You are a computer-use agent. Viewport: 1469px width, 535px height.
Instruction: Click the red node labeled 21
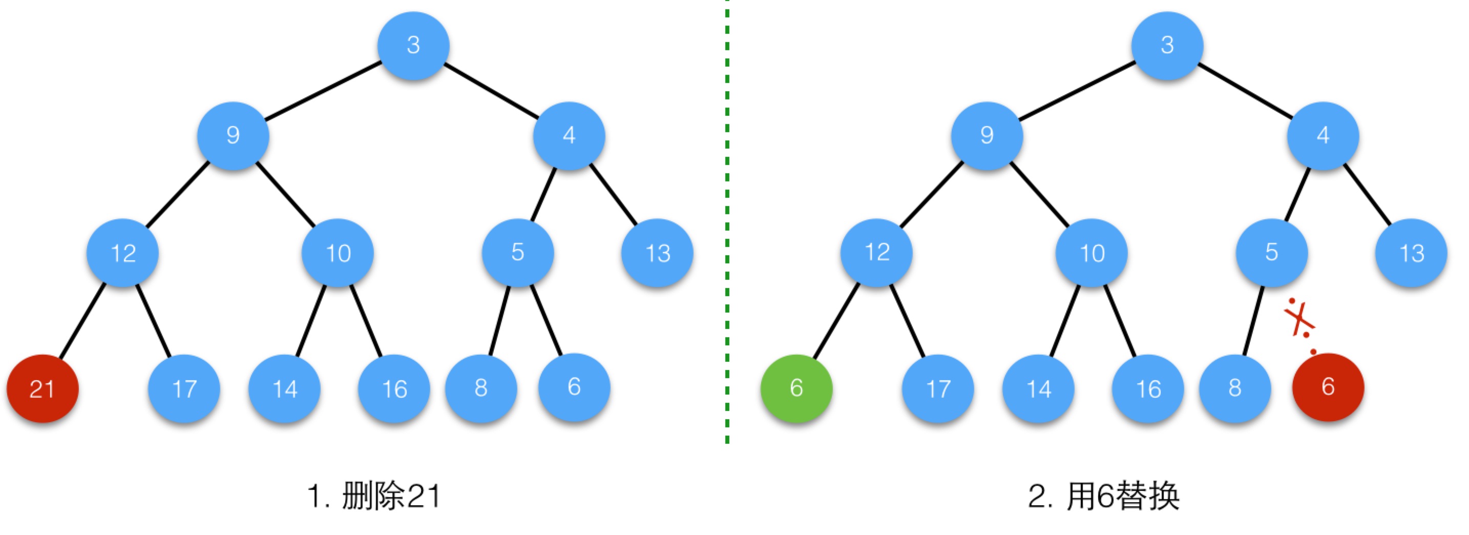coord(42,388)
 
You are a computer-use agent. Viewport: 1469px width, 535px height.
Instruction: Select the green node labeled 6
coord(796,388)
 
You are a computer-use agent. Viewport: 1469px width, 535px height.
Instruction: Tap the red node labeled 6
coord(1328,387)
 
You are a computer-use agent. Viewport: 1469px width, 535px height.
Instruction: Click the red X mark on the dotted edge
coord(1299,320)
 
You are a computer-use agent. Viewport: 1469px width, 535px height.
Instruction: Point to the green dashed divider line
coord(727,221)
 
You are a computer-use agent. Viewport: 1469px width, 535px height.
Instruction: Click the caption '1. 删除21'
coord(374,496)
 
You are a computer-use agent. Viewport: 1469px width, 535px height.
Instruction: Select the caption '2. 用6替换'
coord(1103,496)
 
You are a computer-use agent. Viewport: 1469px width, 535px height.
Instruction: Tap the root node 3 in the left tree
coord(413,45)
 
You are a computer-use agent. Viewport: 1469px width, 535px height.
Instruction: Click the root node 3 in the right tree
coord(1167,45)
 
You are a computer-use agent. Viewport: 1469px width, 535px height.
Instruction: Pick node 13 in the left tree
coord(658,253)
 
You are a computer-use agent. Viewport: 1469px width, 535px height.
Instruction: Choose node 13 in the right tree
coord(1412,253)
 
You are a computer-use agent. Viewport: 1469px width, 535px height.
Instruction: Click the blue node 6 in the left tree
coord(574,387)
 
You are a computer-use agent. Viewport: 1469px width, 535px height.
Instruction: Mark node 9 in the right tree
coord(987,136)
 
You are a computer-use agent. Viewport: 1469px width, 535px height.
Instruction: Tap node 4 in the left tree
coord(569,136)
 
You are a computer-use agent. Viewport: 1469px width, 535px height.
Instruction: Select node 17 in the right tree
coord(938,388)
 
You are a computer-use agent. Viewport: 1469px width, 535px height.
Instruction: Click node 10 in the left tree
coord(338,253)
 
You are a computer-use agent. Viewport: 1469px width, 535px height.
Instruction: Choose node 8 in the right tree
coord(1235,388)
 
